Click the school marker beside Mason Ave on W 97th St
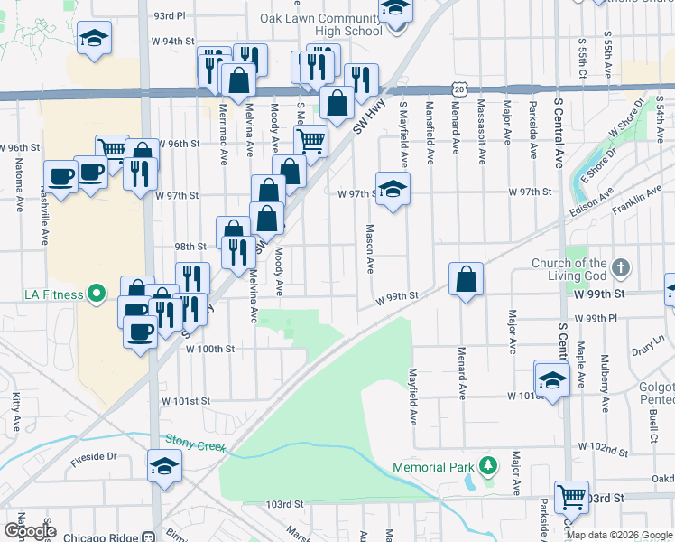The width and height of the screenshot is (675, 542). click(x=393, y=190)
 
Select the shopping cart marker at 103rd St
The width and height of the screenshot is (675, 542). click(x=571, y=495)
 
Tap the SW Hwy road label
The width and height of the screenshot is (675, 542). click(x=366, y=118)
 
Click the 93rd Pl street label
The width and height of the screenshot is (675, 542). click(x=169, y=15)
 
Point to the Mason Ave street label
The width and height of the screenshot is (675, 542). click(x=368, y=249)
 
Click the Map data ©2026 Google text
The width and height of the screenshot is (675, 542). click(x=619, y=534)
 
